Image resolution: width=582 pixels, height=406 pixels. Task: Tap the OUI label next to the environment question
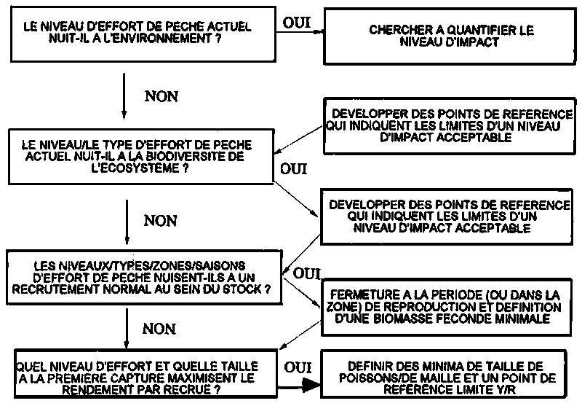click(x=296, y=21)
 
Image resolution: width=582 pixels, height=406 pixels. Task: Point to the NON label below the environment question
click(x=162, y=95)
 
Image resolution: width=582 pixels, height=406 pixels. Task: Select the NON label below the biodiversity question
click(x=161, y=219)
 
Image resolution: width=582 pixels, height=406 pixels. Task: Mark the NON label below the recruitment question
click(x=159, y=329)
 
